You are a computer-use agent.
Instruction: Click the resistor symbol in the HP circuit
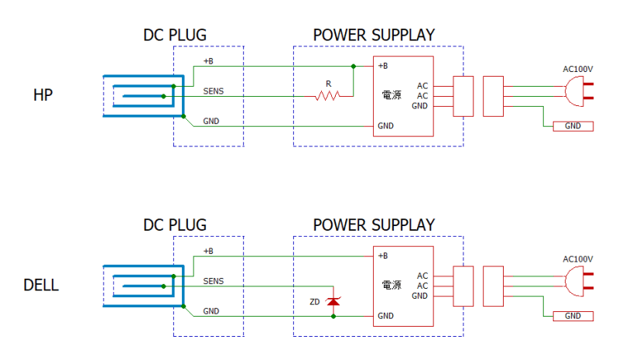[327, 96]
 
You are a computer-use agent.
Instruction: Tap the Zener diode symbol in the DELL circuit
[333, 301]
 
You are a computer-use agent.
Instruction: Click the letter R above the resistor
[328, 84]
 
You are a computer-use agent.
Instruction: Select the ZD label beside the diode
[315, 302]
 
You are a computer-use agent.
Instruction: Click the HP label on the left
[43, 95]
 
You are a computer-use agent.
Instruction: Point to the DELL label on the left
[41, 285]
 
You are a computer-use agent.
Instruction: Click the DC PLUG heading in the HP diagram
[175, 35]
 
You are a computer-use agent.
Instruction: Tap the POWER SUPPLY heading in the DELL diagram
[374, 225]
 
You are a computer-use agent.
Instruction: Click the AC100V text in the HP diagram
[577, 69]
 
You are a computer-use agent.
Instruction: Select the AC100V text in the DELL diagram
[577, 259]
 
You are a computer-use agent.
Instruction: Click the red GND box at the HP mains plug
[573, 126]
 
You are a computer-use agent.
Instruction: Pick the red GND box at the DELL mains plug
[573, 316]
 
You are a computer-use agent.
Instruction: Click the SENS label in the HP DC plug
[214, 91]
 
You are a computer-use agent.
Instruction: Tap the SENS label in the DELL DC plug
[214, 281]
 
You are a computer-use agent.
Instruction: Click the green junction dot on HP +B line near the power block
[354, 67]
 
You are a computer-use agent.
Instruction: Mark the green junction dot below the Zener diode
[333, 316]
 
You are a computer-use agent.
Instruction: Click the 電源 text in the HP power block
[392, 95]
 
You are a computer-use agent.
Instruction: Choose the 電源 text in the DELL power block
[392, 285]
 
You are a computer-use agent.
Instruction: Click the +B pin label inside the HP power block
[383, 66]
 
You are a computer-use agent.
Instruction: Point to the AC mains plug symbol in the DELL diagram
[579, 281]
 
